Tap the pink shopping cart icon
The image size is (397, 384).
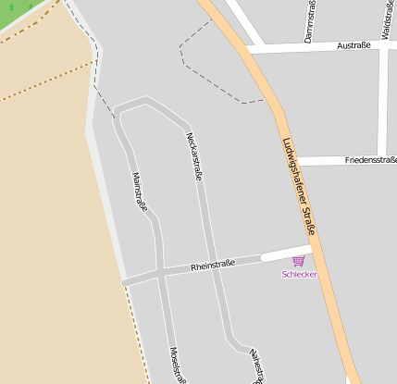click(298, 261)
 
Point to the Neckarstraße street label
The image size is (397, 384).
click(194, 155)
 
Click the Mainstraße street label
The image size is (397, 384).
click(140, 192)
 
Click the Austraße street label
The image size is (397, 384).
click(354, 44)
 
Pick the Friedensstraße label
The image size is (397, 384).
click(369, 160)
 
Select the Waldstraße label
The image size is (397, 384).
click(384, 19)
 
